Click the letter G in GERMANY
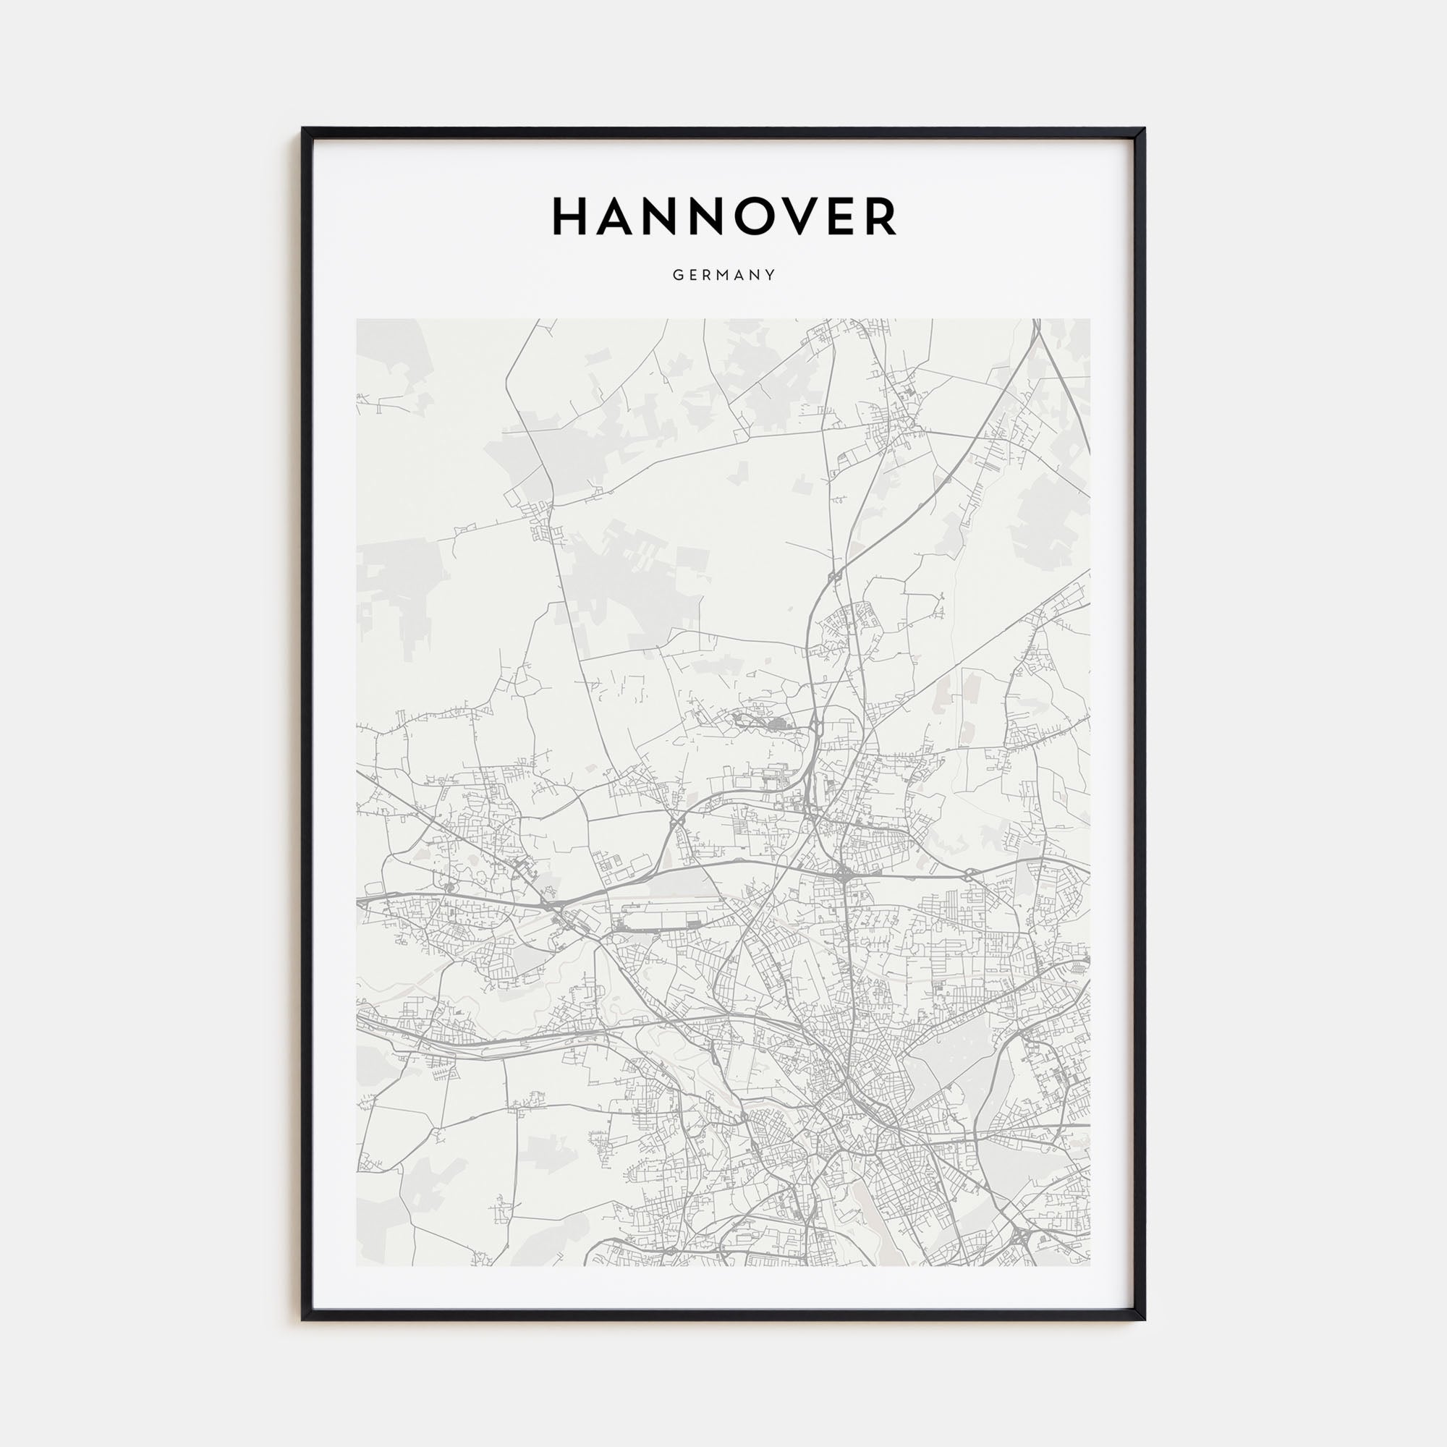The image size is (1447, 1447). click(676, 276)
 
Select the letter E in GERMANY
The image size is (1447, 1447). click(692, 276)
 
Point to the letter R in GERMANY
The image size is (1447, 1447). click(707, 276)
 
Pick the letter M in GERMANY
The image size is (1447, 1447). click(723, 276)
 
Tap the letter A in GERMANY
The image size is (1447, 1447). click(741, 276)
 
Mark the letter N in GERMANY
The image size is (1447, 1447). click(757, 276)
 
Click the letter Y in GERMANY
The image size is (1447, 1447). click(771, 276)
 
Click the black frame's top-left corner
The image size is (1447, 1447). click(303, 129)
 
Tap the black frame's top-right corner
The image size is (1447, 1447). click(1144, 129)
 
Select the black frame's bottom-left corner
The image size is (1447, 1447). click(303, 1320)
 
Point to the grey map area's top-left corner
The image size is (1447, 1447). click(357, 320)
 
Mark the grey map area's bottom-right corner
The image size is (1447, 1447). click(1090, 1265)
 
